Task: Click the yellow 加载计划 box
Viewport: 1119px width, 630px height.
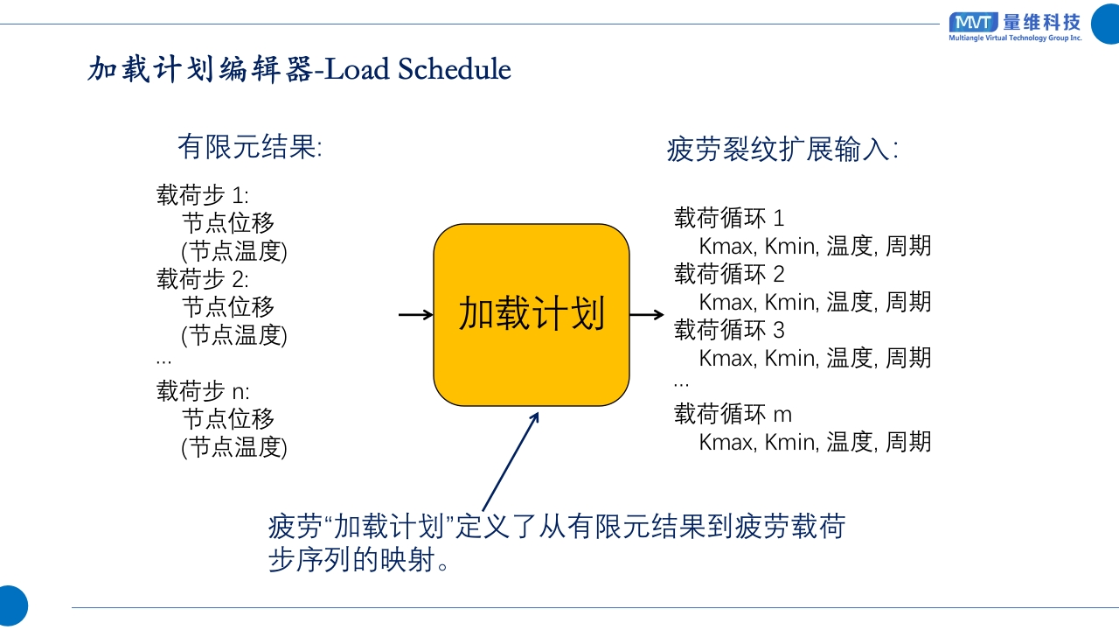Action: point(532,315)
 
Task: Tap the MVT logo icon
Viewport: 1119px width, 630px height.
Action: point(973,23)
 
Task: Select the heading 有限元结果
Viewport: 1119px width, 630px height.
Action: point(249,146)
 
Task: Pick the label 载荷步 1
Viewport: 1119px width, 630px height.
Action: point(202,195)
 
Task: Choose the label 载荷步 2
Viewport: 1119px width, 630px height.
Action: point(202,279)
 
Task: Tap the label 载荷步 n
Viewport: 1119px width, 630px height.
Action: point(202,390)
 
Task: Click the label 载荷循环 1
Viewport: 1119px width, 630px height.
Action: point(729,218)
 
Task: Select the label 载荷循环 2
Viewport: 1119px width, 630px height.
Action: point(729,274)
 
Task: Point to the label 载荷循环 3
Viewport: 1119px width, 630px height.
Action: point(729,330)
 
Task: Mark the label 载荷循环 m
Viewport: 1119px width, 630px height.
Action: point(733,414)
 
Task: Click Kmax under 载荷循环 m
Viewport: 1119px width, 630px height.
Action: point(726,442)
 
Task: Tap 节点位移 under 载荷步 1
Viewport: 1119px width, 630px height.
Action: point(228,223)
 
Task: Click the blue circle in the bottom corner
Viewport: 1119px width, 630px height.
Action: point(10,606)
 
